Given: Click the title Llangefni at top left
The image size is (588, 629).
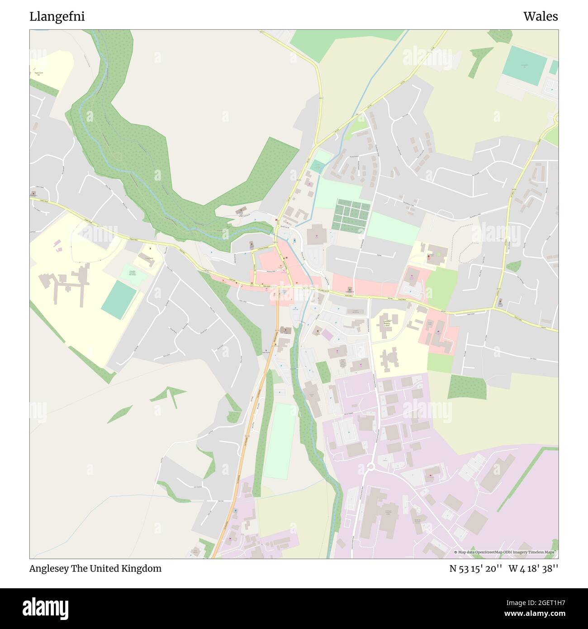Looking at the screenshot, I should point(57,17).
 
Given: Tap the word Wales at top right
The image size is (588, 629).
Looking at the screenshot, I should point(541,17).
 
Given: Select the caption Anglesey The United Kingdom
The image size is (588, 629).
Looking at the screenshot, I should point(95,569).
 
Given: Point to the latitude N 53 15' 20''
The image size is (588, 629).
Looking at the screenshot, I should point(475,569).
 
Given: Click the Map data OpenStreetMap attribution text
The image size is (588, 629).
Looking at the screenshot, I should point(506,552).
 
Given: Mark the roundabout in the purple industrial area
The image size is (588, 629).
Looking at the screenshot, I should point(372,467).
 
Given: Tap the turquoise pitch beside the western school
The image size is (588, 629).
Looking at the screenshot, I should point(119,300).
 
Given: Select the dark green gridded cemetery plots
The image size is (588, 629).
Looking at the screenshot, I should point(352,215).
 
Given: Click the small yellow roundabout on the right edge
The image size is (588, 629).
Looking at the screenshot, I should point(556,119).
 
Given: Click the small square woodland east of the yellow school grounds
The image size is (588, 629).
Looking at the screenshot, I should point(467,387).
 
